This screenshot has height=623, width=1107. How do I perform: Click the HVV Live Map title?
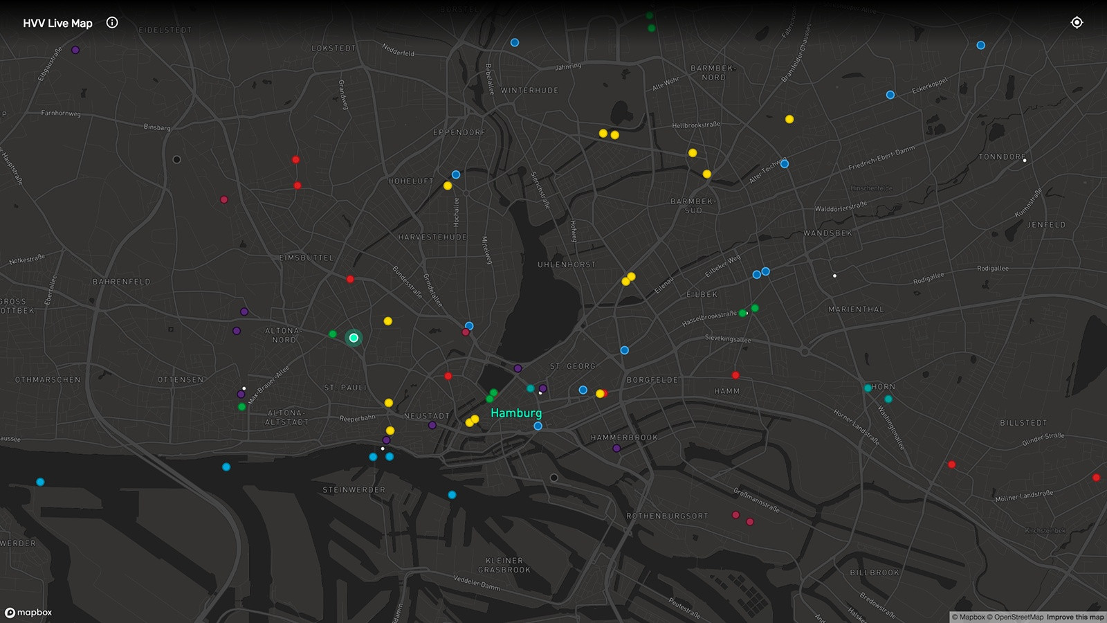click(57, 23)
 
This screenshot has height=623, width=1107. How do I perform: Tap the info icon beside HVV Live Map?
click(112, 22)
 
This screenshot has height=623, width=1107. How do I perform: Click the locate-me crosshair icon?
click(1077, 22)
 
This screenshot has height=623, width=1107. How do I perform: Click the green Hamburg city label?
click(516, 413)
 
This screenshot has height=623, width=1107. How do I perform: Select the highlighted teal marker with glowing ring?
click(354, 338)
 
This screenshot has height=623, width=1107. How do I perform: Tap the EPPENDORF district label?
click(459, 132)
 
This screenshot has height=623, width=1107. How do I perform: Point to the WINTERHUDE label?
click(529, 91)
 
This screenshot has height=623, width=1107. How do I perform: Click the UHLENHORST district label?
click(566, 264)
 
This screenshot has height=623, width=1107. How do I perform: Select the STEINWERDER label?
click(354, 490)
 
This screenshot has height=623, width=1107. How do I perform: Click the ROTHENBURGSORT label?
click(667, 516)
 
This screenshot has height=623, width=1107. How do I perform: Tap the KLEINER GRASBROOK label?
click(504, 566)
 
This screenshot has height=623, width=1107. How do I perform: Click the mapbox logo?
click(28, 613)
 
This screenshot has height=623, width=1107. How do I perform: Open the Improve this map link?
click(1075, 617)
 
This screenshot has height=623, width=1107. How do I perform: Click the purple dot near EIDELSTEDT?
click(75, 50)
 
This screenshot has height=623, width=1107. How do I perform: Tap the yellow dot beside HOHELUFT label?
click(448, 186)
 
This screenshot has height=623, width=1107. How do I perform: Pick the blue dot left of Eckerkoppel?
click(890, 95)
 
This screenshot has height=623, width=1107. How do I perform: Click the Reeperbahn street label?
click(357, 418)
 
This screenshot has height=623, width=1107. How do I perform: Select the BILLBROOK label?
click(875, 573)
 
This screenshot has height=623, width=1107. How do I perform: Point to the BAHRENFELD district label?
click(121, 282)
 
